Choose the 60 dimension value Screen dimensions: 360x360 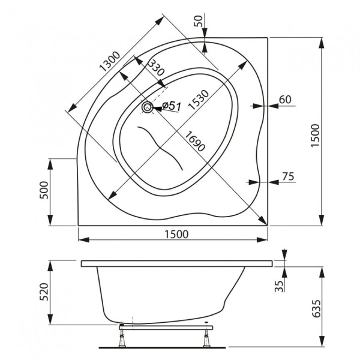coord(285,100)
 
